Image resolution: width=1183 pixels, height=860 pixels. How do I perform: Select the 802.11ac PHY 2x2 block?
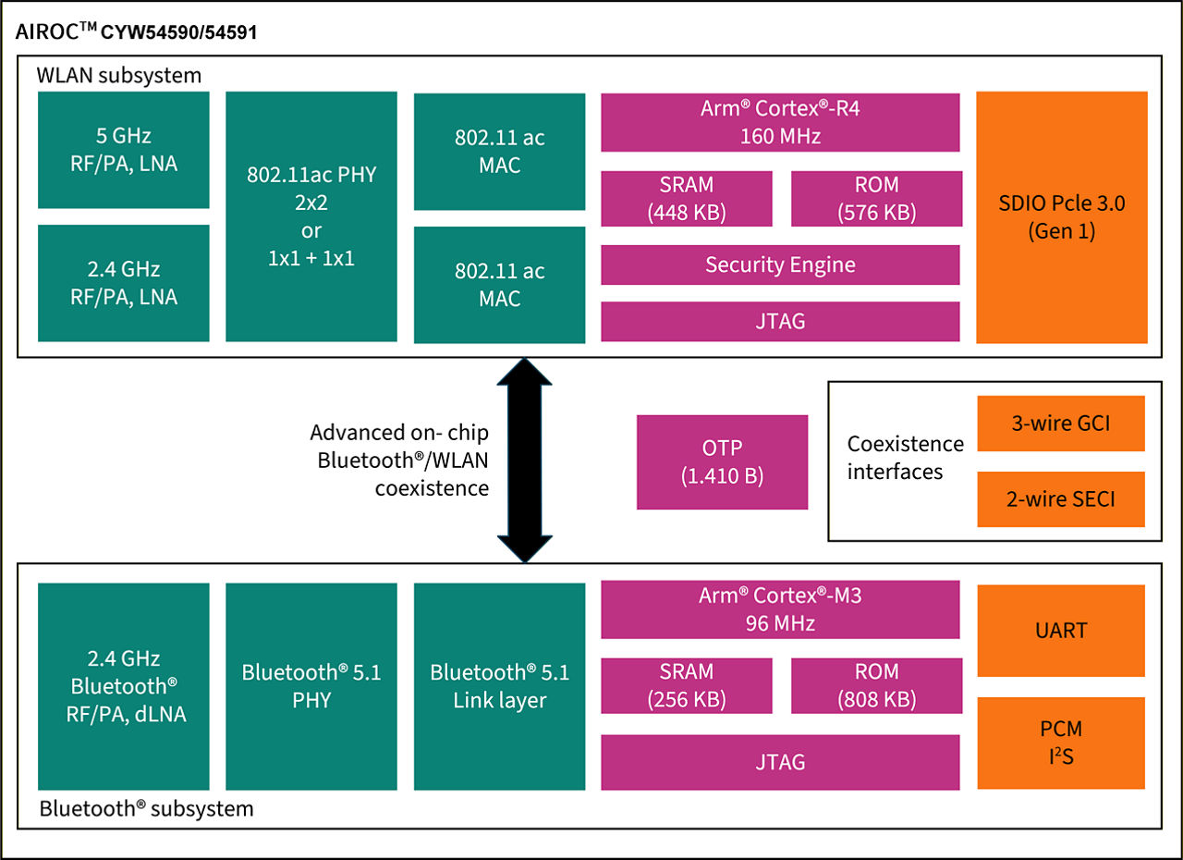click(311, 216)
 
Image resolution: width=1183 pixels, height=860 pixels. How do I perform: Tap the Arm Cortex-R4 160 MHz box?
click(780, 121)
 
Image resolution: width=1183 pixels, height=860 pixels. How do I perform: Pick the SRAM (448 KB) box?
click(687, 198)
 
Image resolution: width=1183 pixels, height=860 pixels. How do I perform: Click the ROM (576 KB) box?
click(875, 198)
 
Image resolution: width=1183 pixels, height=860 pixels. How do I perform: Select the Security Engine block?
click(780, 264)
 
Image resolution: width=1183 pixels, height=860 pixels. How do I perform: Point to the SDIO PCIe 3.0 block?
click(1061, 217)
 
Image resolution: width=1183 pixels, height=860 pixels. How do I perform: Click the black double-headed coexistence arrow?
click(524, 460)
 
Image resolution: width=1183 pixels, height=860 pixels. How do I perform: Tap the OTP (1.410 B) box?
click(722, 461)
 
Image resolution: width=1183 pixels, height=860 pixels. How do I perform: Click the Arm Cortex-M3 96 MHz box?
click(780, 609)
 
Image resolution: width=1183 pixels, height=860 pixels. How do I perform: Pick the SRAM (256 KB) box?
click(687, 684)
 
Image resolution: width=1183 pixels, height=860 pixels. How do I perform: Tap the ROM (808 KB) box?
click(875, 684)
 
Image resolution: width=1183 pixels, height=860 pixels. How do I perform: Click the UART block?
click(1060, 631)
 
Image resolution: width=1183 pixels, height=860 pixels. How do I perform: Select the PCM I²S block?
click(1060, 743)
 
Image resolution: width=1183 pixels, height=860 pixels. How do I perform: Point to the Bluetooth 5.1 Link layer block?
click(499, 686)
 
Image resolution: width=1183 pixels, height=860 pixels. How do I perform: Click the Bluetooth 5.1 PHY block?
click(311, 686)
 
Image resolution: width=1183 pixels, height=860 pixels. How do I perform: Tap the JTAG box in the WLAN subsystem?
click(780, 321)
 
